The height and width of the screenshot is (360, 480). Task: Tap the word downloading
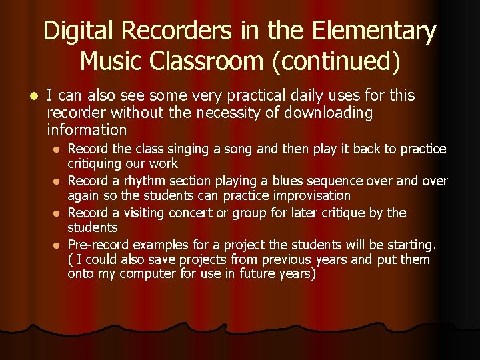point(329,113)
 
